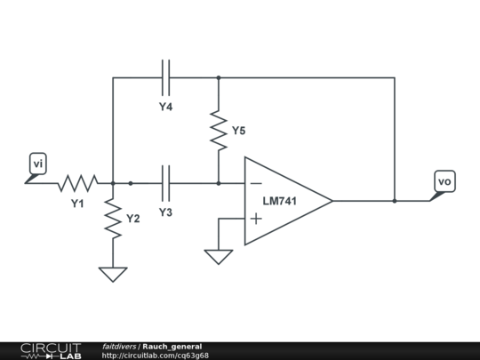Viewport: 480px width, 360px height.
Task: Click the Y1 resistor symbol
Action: click(78, 183)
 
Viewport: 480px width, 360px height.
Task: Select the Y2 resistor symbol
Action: click(113, 219)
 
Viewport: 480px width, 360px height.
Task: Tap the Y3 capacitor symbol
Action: click(165, 183)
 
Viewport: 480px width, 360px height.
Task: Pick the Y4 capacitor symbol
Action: click(165, 77)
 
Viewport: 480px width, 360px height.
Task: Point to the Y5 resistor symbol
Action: click(219, 131)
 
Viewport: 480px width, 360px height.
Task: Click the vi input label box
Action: click(38, 164)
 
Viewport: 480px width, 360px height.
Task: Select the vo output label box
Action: click(444, 181)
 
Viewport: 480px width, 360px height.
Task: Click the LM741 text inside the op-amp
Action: click(280, 201)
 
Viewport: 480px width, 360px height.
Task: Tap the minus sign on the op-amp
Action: click(256, 183)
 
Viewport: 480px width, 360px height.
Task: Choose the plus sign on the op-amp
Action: click(256, 219)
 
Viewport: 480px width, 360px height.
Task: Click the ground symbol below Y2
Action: click(113, 275)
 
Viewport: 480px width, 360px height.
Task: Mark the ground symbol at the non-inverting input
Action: click(219, 257)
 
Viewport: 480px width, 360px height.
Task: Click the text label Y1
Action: click(77, 204)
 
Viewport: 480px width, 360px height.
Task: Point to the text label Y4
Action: click(165, 107)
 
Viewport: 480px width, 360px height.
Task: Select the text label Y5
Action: click(239, 131)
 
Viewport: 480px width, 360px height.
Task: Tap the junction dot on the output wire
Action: click(395, 201)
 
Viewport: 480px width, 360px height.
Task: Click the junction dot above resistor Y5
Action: click(219, 77)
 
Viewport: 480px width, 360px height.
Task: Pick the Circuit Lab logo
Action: click(51, 351)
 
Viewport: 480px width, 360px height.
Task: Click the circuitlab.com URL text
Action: click(156, 356)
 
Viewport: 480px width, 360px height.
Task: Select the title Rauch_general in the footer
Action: click(172, 347)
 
